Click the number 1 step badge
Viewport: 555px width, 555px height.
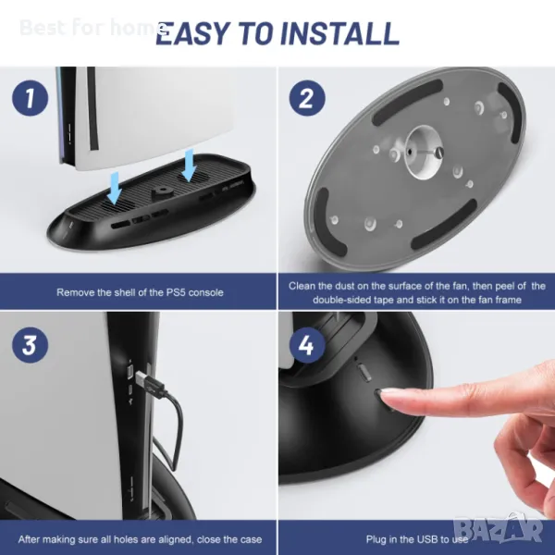tap(31, 97)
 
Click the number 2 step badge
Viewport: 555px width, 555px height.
tap(307, 97)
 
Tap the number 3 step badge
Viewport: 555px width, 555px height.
tap(31, 345)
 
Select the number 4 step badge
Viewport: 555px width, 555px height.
tap(307, 345)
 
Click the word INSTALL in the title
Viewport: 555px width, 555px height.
tap(339, 33)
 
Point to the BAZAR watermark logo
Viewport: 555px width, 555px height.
tap(498, 529)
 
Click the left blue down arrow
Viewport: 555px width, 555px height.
tap(115, 188)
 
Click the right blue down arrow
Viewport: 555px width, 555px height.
tap(189, 165)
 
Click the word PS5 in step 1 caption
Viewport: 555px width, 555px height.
tap(176, 292)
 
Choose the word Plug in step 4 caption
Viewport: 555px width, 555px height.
tap(376, 539)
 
